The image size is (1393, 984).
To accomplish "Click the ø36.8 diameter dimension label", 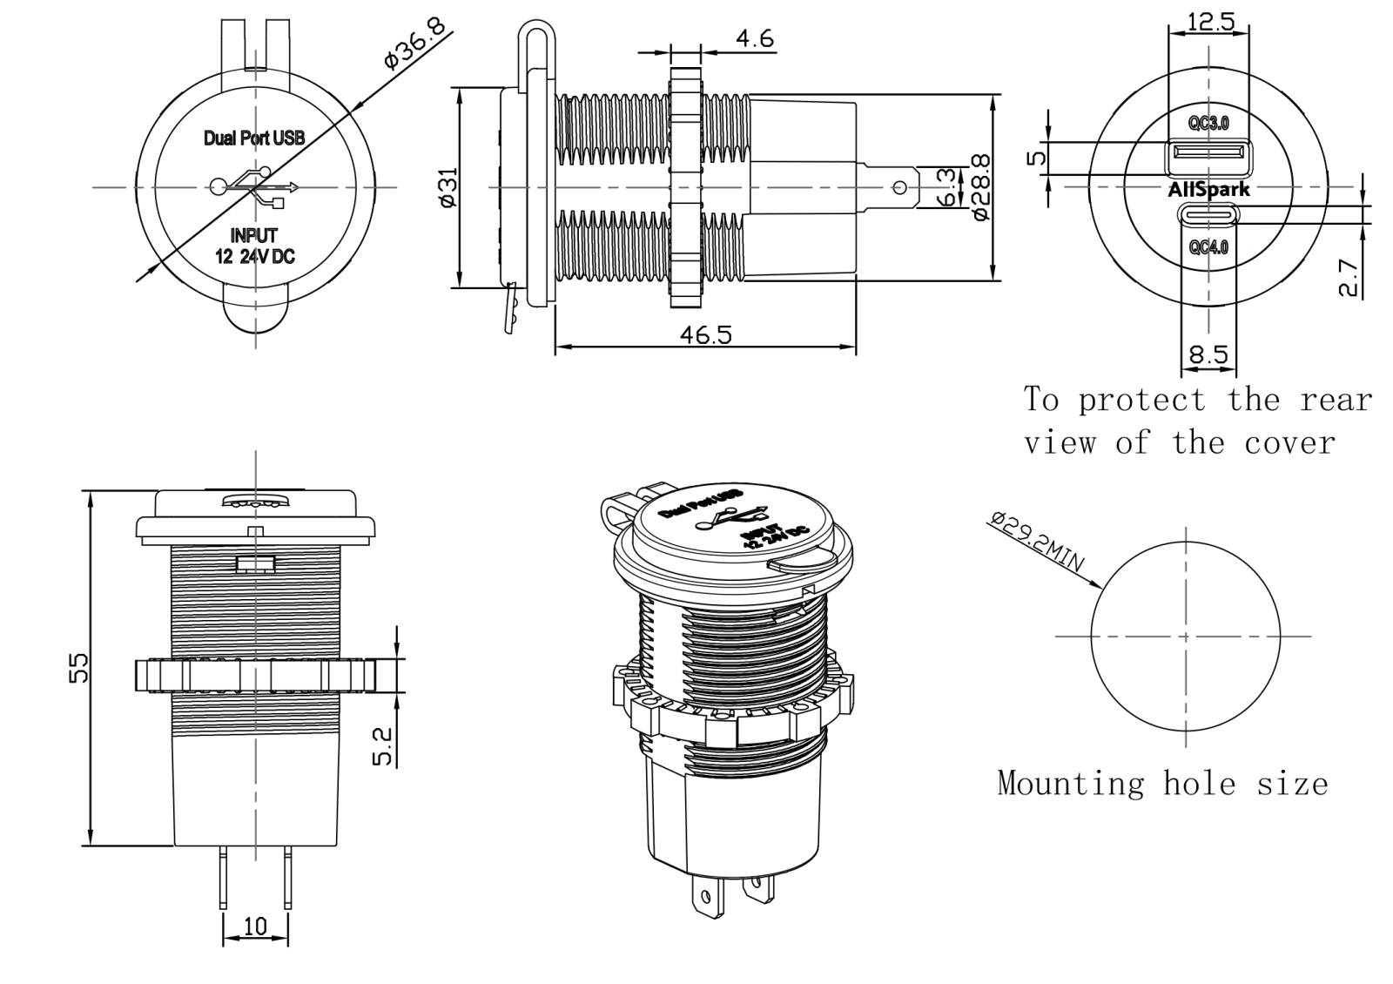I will point(414,42).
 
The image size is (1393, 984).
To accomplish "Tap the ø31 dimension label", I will point(448,187).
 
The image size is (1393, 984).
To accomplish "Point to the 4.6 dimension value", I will point(754,39).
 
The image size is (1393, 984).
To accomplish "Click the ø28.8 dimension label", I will point(980,187).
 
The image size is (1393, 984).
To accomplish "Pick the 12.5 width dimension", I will point(1210,22).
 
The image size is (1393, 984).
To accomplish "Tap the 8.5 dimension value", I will point(1208,354).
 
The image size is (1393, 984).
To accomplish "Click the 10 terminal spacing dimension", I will point(255,927).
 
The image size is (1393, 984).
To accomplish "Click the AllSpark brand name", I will point(1208,189).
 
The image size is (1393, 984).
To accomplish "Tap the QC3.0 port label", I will point(1208,124).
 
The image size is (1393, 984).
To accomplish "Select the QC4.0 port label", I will point(1208,247).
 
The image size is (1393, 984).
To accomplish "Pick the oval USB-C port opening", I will point(1208,214).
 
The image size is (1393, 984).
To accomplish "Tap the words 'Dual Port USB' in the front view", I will point(254,138).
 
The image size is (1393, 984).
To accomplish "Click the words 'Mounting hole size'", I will point(1162,784).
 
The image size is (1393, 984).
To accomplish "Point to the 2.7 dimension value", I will point(1347,277).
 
